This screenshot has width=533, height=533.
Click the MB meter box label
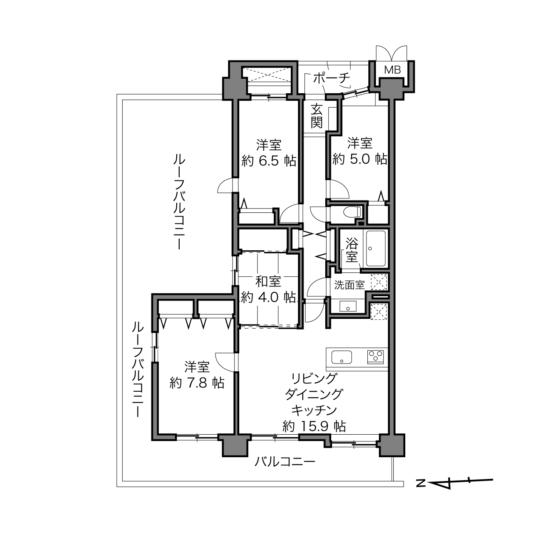393,70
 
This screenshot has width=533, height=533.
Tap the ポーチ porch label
332,78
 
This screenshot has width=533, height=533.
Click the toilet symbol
352,212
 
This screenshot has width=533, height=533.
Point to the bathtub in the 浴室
376,248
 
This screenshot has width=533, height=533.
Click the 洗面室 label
350,285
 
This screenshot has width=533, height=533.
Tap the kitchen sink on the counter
341,357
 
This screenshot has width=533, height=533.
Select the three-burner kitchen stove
375,357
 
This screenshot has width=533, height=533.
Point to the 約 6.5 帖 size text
269,160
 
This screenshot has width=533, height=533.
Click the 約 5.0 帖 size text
360,159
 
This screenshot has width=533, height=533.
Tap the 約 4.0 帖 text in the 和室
268,297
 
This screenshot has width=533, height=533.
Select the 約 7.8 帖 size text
197,383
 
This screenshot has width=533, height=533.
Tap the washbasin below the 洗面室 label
348,306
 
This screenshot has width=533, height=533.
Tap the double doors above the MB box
391,53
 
